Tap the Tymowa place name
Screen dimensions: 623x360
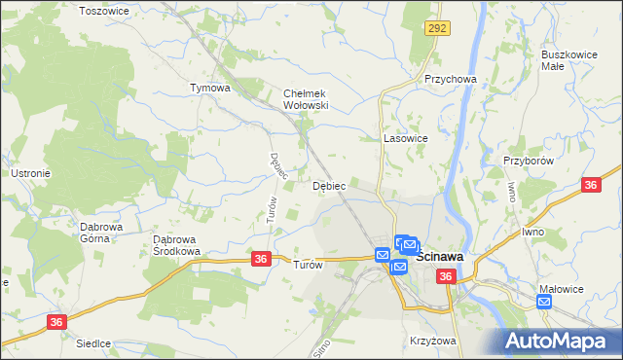coord(209,88)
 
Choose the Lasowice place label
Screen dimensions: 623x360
coord(406,138)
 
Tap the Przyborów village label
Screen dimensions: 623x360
coord(529,161)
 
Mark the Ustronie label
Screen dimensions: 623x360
coord(30,173)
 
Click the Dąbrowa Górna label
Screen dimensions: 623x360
coord(100,233)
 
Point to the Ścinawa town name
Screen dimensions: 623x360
coord(439,258)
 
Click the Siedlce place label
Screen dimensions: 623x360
coord(94,343)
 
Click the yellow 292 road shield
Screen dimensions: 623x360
coord(436,30)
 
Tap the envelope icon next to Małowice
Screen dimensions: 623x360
coord(544,303)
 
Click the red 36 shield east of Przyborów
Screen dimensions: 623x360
coord(591,185)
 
